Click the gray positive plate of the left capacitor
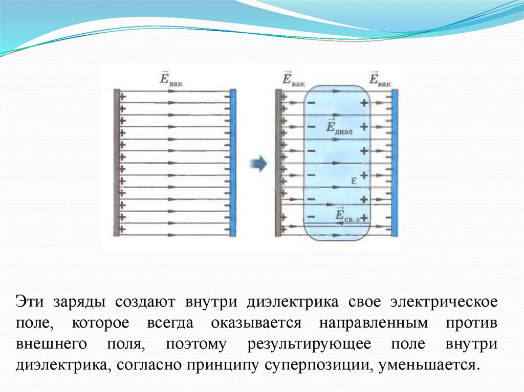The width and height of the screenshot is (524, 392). (117, 163)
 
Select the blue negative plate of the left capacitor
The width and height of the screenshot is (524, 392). (233, 163)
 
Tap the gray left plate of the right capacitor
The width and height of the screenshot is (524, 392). (278, 163)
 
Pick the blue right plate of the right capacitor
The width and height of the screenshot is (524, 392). (395, 163)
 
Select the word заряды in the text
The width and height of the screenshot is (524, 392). (78, 302)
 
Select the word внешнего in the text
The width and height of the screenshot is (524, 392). (49, 344)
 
